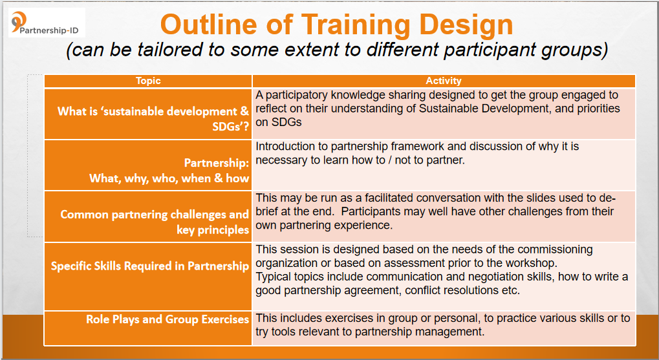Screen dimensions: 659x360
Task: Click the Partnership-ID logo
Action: (x=47, y=23)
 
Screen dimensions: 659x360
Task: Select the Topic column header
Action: (x=148, y=81)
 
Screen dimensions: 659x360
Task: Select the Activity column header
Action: (x=444, y=81)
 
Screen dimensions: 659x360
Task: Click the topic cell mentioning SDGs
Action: (x=148, y=114)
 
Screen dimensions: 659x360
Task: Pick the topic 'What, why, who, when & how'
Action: (x=169, y=178)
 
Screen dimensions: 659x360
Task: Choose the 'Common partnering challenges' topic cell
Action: (x=148, y=217)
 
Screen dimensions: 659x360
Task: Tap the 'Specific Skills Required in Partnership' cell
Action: (x=148, y=277)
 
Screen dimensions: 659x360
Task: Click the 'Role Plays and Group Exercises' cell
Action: (x=148, y=328)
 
